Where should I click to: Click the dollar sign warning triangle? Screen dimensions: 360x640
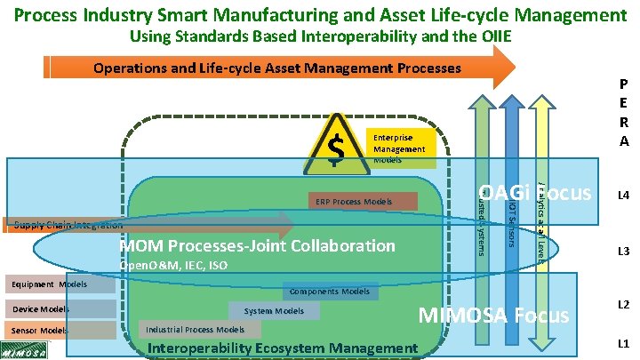(x=336, y=146)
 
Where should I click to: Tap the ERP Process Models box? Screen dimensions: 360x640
(x=362, y=202)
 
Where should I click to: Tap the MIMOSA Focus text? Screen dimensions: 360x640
(x=492, y=315)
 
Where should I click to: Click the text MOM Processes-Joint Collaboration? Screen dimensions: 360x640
(x=257, y=244)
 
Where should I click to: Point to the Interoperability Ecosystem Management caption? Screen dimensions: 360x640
(x=282, y=348)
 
